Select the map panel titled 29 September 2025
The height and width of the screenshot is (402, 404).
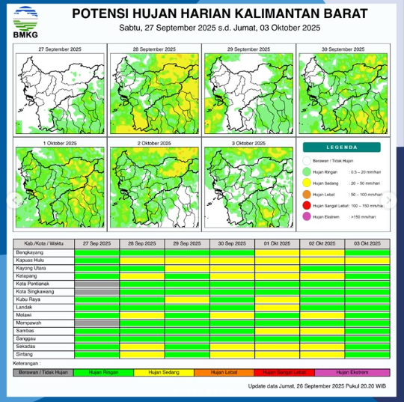coord(248,91)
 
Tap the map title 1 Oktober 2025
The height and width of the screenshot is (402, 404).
coord(60,142)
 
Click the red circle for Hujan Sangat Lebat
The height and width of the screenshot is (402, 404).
coord(307,204)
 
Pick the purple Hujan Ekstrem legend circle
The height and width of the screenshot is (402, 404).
coord(307,216)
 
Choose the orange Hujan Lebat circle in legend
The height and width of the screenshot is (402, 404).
coord(307,194)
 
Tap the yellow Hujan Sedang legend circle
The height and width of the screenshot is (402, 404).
coord(307,183)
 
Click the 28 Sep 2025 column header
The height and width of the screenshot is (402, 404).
coord(142,244)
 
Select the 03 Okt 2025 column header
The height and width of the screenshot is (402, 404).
coord(367,244)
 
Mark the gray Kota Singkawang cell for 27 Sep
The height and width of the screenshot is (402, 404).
coord(97,292)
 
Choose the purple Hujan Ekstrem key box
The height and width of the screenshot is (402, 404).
coord(352,371)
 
